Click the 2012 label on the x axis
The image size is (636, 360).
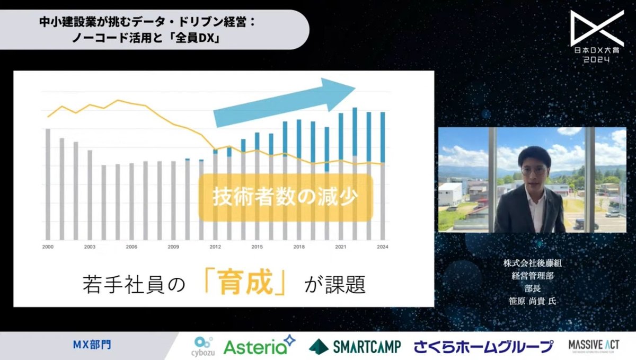tap(215, 247)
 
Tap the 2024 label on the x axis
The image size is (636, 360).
tap(382, 247)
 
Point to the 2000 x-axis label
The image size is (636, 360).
tap(48, 247)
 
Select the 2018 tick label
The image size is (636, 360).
tap(299, 247)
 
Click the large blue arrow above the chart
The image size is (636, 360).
tap(284, 101)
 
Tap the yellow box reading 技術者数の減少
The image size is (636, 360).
tap(286, 197)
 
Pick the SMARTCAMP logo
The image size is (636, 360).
tap(355, 346)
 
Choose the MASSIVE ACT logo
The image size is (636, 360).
tap(594, 346)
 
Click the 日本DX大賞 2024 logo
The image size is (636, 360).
tap(597, 36)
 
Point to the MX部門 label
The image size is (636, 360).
tap(92, 345)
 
